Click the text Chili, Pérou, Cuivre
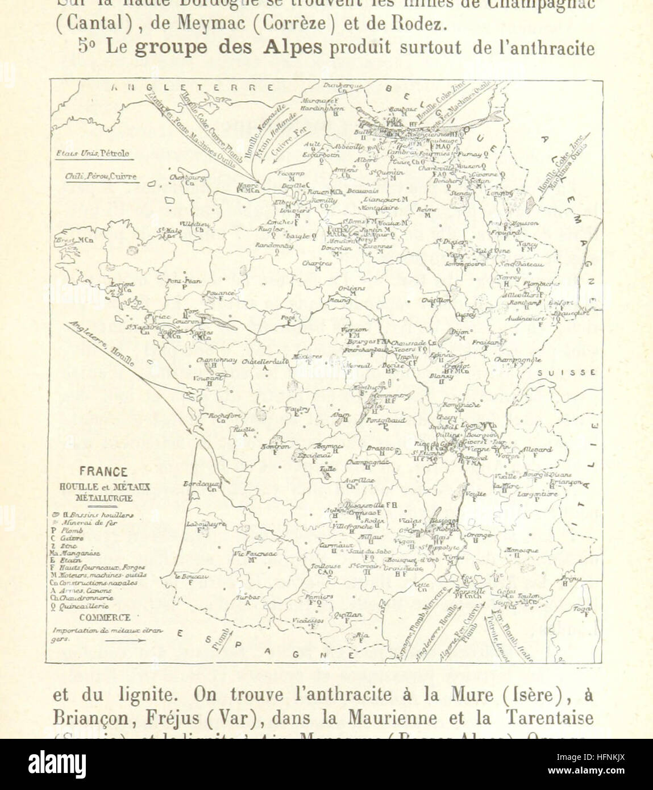[101, 176]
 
